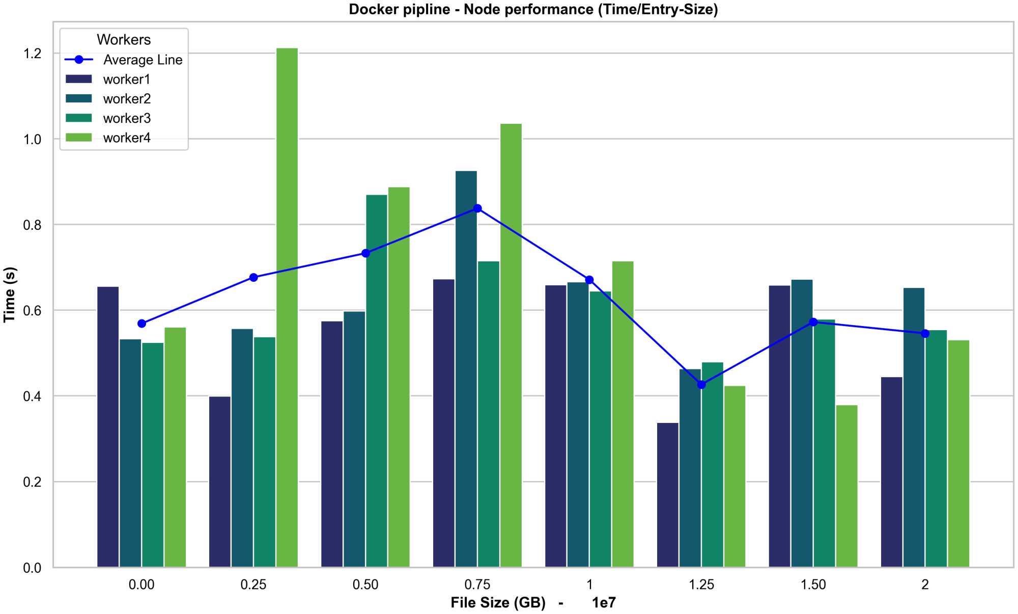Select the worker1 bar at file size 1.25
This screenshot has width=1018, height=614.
tap(668, 495)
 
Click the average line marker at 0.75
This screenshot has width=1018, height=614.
tap(477, 208)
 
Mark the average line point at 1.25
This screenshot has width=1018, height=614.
tap(701, 385)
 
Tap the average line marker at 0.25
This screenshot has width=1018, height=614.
tap(253, 278)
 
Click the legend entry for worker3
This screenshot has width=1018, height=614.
tap(127, 118)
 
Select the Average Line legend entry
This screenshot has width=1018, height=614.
tap(143, 60)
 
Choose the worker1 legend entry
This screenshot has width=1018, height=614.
tap(126, 79)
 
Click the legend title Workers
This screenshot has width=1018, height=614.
tap(124, 40)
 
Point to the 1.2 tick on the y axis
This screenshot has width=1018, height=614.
tap(32, 54)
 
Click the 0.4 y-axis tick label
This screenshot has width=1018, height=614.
tap(32, 396)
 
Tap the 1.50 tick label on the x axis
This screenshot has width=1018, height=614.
tap(813, 584)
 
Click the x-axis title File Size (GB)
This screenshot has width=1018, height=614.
tap(497, 603)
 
